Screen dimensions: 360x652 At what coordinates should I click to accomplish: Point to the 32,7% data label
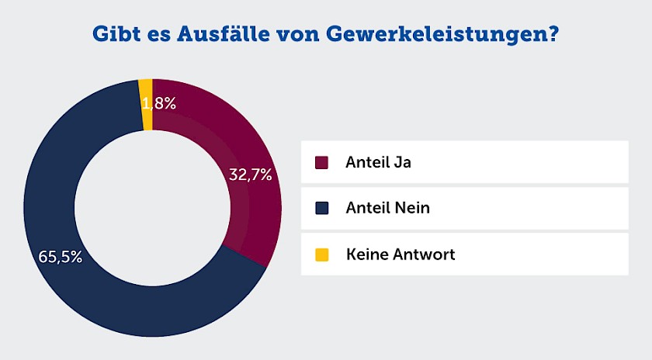pyautogui.click(x=250, y=175)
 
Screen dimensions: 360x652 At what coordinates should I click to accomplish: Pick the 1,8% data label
pyautogui.click(x=159, y=102)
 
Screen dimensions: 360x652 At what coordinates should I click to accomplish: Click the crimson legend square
pyautogui.click(x=322, y=162)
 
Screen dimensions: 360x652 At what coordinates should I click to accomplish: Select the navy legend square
pyautogui.click(x=322, y=208)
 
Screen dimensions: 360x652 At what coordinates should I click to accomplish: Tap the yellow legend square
pyautogui.click(x=322, y=254)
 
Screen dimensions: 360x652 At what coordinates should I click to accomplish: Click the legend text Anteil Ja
pyautogui.click(x=378, y=162)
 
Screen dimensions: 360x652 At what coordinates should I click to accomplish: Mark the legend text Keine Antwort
pyautogui.click(x=401, y=254)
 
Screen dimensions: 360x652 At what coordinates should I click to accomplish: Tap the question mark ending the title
pyautogui.click(x=553, y=35)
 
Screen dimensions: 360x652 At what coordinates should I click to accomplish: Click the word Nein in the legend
pyautogui.click(x=412, y=208)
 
